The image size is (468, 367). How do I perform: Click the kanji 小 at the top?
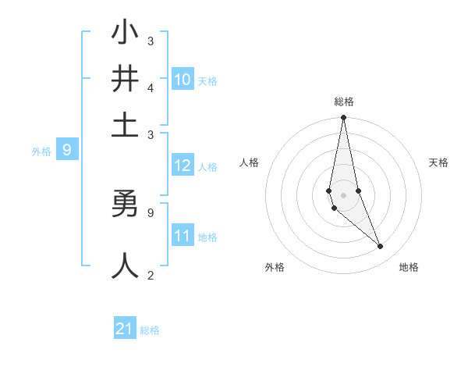125,34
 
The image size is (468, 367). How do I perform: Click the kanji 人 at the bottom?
125,265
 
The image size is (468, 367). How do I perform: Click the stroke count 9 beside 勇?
151,211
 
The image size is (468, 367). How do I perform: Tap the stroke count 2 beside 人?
151,275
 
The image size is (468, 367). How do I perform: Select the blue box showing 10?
183,80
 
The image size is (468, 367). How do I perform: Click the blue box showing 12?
183,166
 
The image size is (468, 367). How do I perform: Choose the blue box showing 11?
183,236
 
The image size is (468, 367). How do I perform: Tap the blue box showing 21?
125,330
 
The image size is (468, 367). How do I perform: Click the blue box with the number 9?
67,150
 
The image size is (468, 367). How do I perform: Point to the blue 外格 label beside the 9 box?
41,151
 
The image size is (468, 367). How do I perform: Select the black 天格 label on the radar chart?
439,162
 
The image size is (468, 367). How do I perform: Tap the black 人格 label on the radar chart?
250,162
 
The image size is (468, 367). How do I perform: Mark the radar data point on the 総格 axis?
343,118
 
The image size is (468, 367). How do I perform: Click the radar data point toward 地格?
380,247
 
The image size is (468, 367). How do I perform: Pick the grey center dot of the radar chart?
343,194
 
